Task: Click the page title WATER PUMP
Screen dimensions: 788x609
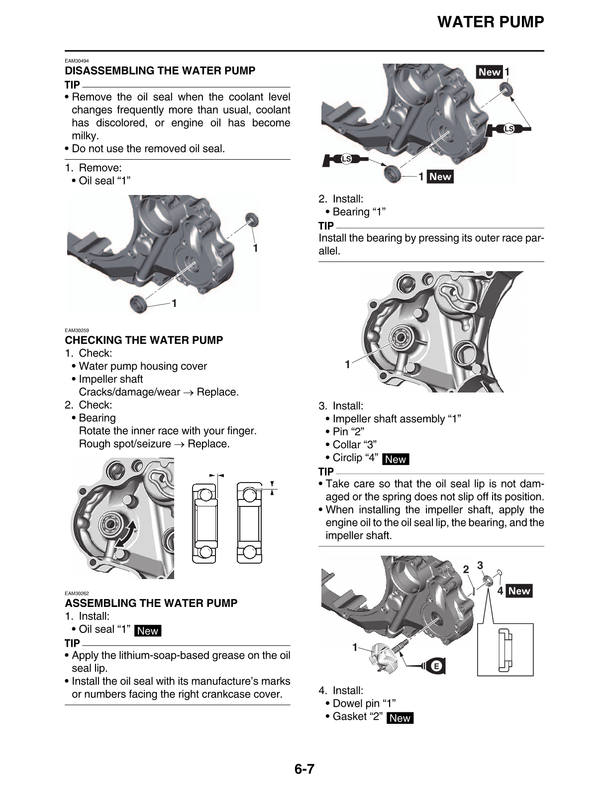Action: (491, 22)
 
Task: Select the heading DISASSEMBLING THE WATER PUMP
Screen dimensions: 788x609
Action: (160, 71)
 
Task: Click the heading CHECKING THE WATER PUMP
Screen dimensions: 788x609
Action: (144, 340)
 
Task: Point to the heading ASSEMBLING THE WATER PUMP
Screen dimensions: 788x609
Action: (151, 603)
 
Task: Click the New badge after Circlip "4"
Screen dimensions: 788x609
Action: (396, 459)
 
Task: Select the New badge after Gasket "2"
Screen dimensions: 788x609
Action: (400, 718)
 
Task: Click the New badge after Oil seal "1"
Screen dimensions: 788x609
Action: (148, 631)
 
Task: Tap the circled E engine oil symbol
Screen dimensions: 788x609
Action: (436, 666)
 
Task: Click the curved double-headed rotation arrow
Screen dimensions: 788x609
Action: (126, 535)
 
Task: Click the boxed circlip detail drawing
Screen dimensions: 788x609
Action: (505, 649)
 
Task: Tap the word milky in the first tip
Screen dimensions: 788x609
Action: (85, 136)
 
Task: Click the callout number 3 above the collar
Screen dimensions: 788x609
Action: (480, 565)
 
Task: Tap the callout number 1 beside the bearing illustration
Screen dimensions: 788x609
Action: (348, 364)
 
